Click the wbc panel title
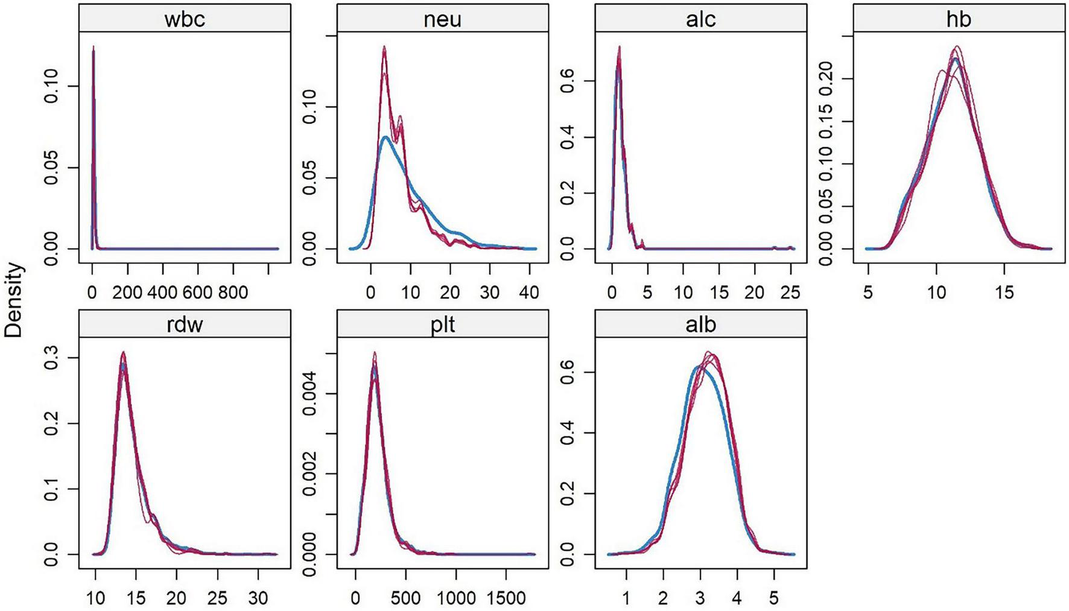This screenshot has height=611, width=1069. coord(185,19)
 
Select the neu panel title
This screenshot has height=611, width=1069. coord(442,19)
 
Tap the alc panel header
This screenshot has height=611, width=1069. coord(700,19)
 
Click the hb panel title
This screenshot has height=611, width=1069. coord(959,19)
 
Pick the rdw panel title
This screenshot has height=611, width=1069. coord(185,324)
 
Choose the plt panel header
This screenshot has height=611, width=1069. coord(442,324)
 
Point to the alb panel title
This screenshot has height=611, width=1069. coord(700,324)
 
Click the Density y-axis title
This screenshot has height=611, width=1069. coord(13,300)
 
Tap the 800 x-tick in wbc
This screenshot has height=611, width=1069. coord(232,293)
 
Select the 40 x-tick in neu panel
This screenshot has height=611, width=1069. coord(529,293)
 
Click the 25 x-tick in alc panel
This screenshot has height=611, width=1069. coord(790,293)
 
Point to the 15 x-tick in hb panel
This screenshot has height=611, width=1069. coord(1004,293)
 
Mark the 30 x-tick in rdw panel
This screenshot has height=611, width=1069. coord(258,598)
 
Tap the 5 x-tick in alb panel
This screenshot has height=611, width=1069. coord(773,598)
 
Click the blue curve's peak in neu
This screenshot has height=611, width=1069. coord(385,137)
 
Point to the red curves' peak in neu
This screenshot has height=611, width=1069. coord(384,47)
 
